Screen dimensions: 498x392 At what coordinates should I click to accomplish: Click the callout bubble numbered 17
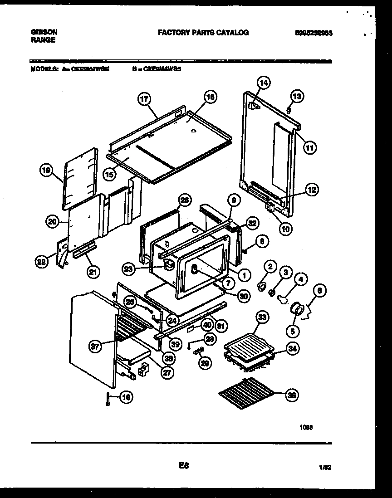click(144, 100)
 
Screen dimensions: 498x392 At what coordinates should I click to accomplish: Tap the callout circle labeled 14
click(263, 83)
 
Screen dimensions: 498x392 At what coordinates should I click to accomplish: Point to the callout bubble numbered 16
click(126, 397)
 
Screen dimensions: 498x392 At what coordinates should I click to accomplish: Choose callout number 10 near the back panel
click(285, 229)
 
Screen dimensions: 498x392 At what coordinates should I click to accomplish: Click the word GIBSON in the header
click(44, 33)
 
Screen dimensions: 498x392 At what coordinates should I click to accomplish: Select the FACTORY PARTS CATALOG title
click(203, 33)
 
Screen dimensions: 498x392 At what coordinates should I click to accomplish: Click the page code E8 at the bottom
click(183, 466)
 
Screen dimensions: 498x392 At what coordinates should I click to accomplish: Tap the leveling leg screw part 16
click(108, 399)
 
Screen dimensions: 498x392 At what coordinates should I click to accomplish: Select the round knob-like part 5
click(297, 309)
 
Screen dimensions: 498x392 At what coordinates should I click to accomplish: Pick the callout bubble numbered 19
click(45, 171)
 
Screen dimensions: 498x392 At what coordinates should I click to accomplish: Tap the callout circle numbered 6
click(320, 293)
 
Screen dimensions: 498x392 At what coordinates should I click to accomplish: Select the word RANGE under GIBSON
click(44, 40)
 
